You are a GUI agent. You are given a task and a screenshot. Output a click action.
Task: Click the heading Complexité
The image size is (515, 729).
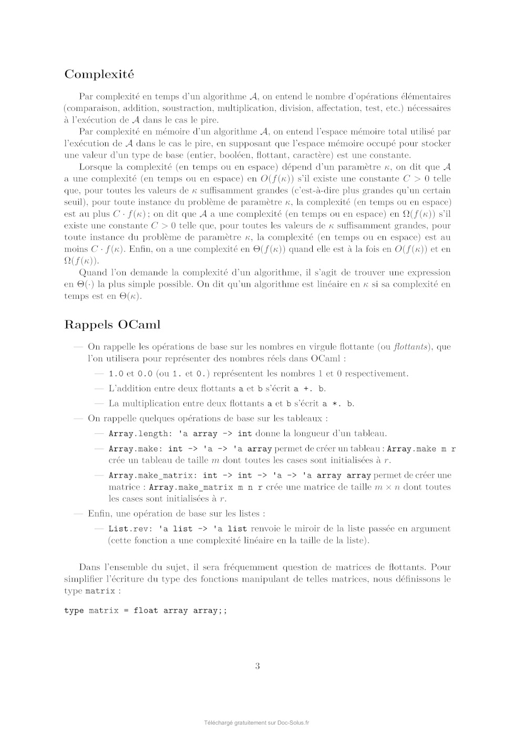(x=99, y=75)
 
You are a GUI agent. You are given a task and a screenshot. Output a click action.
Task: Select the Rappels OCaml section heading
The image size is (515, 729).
(x=112, y=325)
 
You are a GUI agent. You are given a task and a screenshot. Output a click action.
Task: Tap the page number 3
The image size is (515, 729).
(x=257, y=666)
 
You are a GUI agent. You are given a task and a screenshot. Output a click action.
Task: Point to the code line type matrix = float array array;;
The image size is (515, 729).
(x=146, y=611)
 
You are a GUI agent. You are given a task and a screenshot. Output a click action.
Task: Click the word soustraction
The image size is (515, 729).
(x=186, y=108)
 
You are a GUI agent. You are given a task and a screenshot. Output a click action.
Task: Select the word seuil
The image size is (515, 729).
(x=74, y=202)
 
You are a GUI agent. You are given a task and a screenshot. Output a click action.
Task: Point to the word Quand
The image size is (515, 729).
(x=92, y=272)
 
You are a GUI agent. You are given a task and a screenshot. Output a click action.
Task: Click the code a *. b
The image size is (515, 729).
(x=338, y=404)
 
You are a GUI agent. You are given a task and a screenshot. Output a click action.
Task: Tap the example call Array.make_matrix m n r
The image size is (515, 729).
(x=206, y=487)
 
